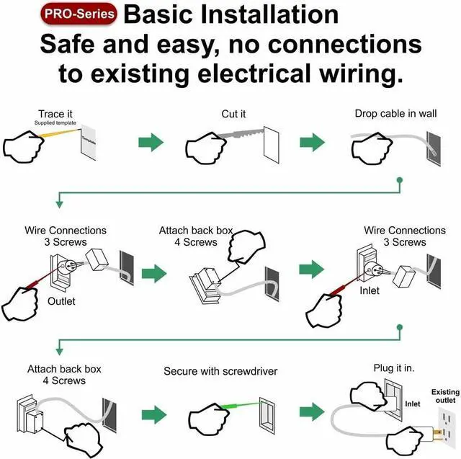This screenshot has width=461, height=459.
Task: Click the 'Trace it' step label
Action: click(x=55, y=114)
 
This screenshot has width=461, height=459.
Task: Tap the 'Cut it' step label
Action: click(x=233, y=114)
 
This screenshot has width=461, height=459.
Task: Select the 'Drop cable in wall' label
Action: click(x=395, y=114)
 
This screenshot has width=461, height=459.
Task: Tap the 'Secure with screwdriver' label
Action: click(x=220, y=371)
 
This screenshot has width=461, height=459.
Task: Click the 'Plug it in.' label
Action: click(x=394, y=368)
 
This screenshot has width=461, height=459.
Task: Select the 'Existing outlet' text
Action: click(x=445, y=396)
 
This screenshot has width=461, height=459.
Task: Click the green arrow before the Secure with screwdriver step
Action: click(x=153, y=414)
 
